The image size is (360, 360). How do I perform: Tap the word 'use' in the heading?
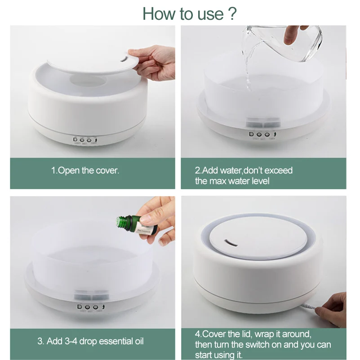coord(208,14)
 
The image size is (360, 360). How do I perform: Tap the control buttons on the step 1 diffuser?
coord(86,140)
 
